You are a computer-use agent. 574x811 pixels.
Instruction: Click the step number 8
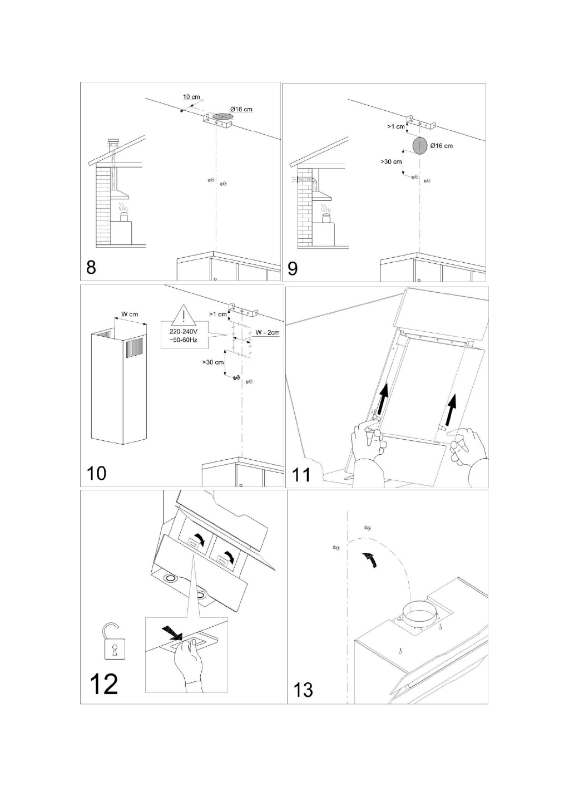coord(92,268)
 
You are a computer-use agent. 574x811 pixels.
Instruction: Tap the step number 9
coord(293,268)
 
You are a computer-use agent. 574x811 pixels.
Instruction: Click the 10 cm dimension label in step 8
coord(191,97)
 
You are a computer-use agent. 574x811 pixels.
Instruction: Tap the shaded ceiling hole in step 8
coord(222,116)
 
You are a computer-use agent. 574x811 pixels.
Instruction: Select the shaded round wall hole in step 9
coord(420,146)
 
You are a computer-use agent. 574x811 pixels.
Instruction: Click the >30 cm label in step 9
coord(391,162)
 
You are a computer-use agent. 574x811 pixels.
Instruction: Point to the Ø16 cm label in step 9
coord(441,146)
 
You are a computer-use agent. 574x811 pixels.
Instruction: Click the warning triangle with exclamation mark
coord(184,314)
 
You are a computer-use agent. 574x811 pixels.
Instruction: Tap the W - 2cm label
coord(268,332)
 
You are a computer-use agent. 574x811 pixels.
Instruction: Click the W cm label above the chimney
coord(130,314)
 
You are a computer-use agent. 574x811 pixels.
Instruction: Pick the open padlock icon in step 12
coord(113,641)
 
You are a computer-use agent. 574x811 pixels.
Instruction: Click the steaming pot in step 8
coord(124,216)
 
